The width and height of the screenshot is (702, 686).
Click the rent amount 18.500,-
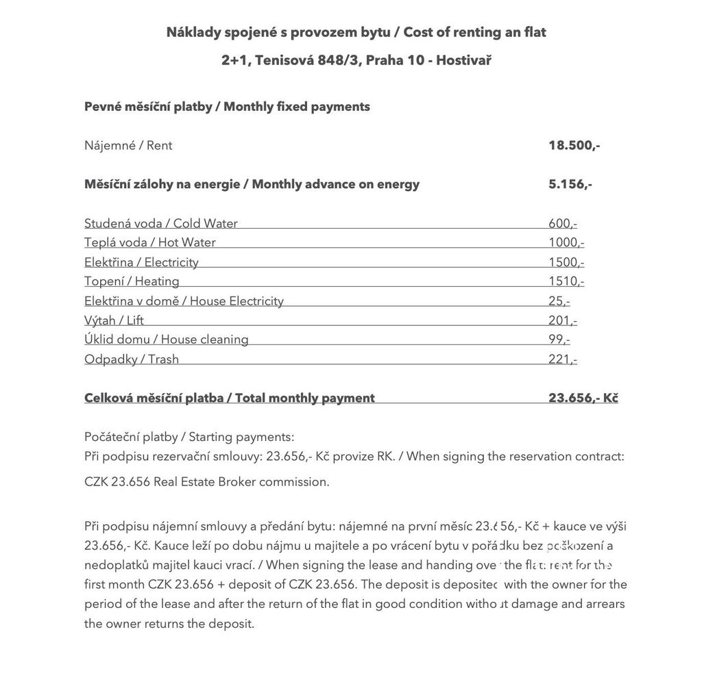(574, 145)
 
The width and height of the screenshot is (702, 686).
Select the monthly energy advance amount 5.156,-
(570, 184)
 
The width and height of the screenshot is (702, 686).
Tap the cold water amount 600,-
(563, 223)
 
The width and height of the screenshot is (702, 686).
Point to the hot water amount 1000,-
(566, 242)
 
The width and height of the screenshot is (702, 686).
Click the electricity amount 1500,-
(566, 262)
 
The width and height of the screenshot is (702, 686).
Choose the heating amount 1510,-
(566, 281)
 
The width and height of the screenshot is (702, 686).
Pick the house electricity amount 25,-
(559, 301)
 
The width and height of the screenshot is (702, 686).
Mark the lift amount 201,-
(563, 320)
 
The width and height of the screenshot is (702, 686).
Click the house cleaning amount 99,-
(559, 340)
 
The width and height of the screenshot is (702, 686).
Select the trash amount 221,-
(563, 359)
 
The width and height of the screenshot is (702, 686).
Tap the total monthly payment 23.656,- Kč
(583, 398)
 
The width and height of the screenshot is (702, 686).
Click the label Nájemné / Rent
(128, 145)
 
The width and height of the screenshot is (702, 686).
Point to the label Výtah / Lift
(114, 320)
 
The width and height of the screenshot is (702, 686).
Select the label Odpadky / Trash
(132, 359)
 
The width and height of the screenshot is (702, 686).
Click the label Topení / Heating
(132, 281)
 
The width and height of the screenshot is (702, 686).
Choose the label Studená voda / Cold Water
(161, 223)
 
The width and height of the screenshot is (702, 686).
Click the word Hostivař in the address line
(463, 60)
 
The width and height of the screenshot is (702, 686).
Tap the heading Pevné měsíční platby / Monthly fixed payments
(227, 107)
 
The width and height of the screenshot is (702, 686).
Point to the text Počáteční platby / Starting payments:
(189, 437)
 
